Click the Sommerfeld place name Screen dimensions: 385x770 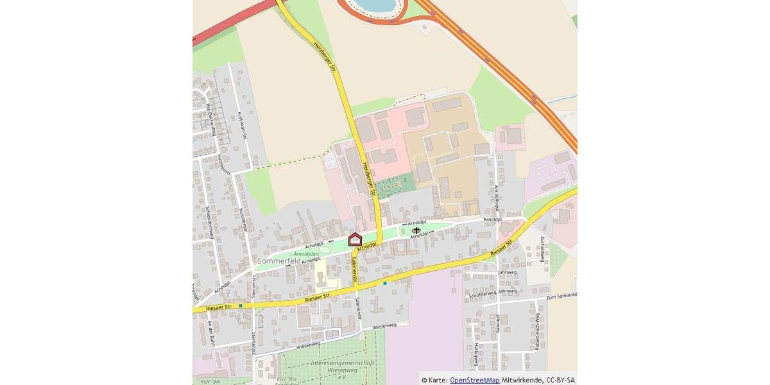pyautogui.click(x=279, y=261)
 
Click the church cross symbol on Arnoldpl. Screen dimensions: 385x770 pyautogui.click(x=416, y=230)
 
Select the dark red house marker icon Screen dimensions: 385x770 pyautogui.click(x=355, y=240)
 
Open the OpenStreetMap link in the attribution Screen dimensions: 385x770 pyautogui.click(x=474, y=380)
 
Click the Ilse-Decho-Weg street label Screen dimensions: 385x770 pyautogui.click(x=210, y=118)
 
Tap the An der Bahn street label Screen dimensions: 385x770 pyautogui.click(x=209, y=333)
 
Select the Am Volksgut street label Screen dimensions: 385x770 pyautogui.click(x=497, y=198)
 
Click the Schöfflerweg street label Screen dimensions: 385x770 pyautogui.click(x=483, y=293)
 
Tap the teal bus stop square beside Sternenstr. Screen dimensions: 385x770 pyautogui.click(x=241, y=306)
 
